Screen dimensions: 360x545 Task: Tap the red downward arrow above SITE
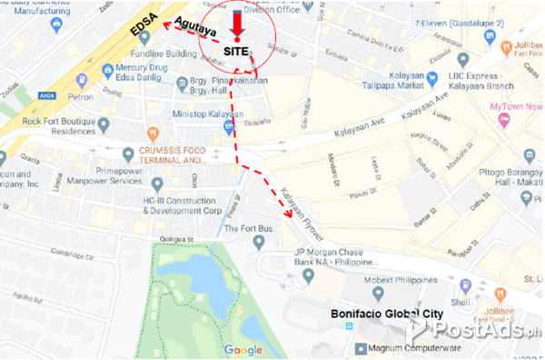pyautogui.click(x=237, y=23)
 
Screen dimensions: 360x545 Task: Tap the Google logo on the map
pyautogui.click(x=243, y=350)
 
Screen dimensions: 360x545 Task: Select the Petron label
pyautogui.click(x=80, y=95)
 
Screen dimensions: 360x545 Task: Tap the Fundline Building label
pyautogui.click(x=163, y=54)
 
